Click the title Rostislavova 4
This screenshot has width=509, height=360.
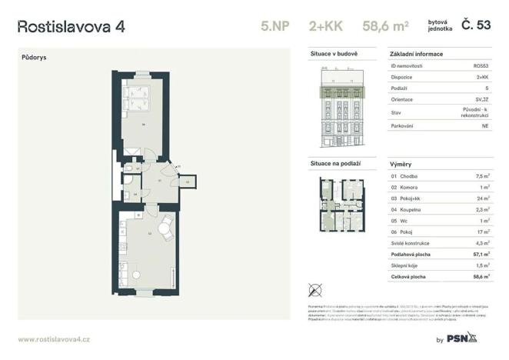(71, 26)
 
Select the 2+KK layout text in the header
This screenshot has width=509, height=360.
(329, 26)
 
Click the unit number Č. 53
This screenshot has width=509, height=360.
(476, 25)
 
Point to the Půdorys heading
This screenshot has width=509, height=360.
(34, 57)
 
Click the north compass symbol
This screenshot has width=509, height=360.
(314, 290)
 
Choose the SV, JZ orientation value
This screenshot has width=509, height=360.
(479, 99)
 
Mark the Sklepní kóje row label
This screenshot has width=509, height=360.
(408, 264)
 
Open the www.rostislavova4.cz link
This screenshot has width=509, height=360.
(55, 338)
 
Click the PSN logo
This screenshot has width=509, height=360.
(462, 338)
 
